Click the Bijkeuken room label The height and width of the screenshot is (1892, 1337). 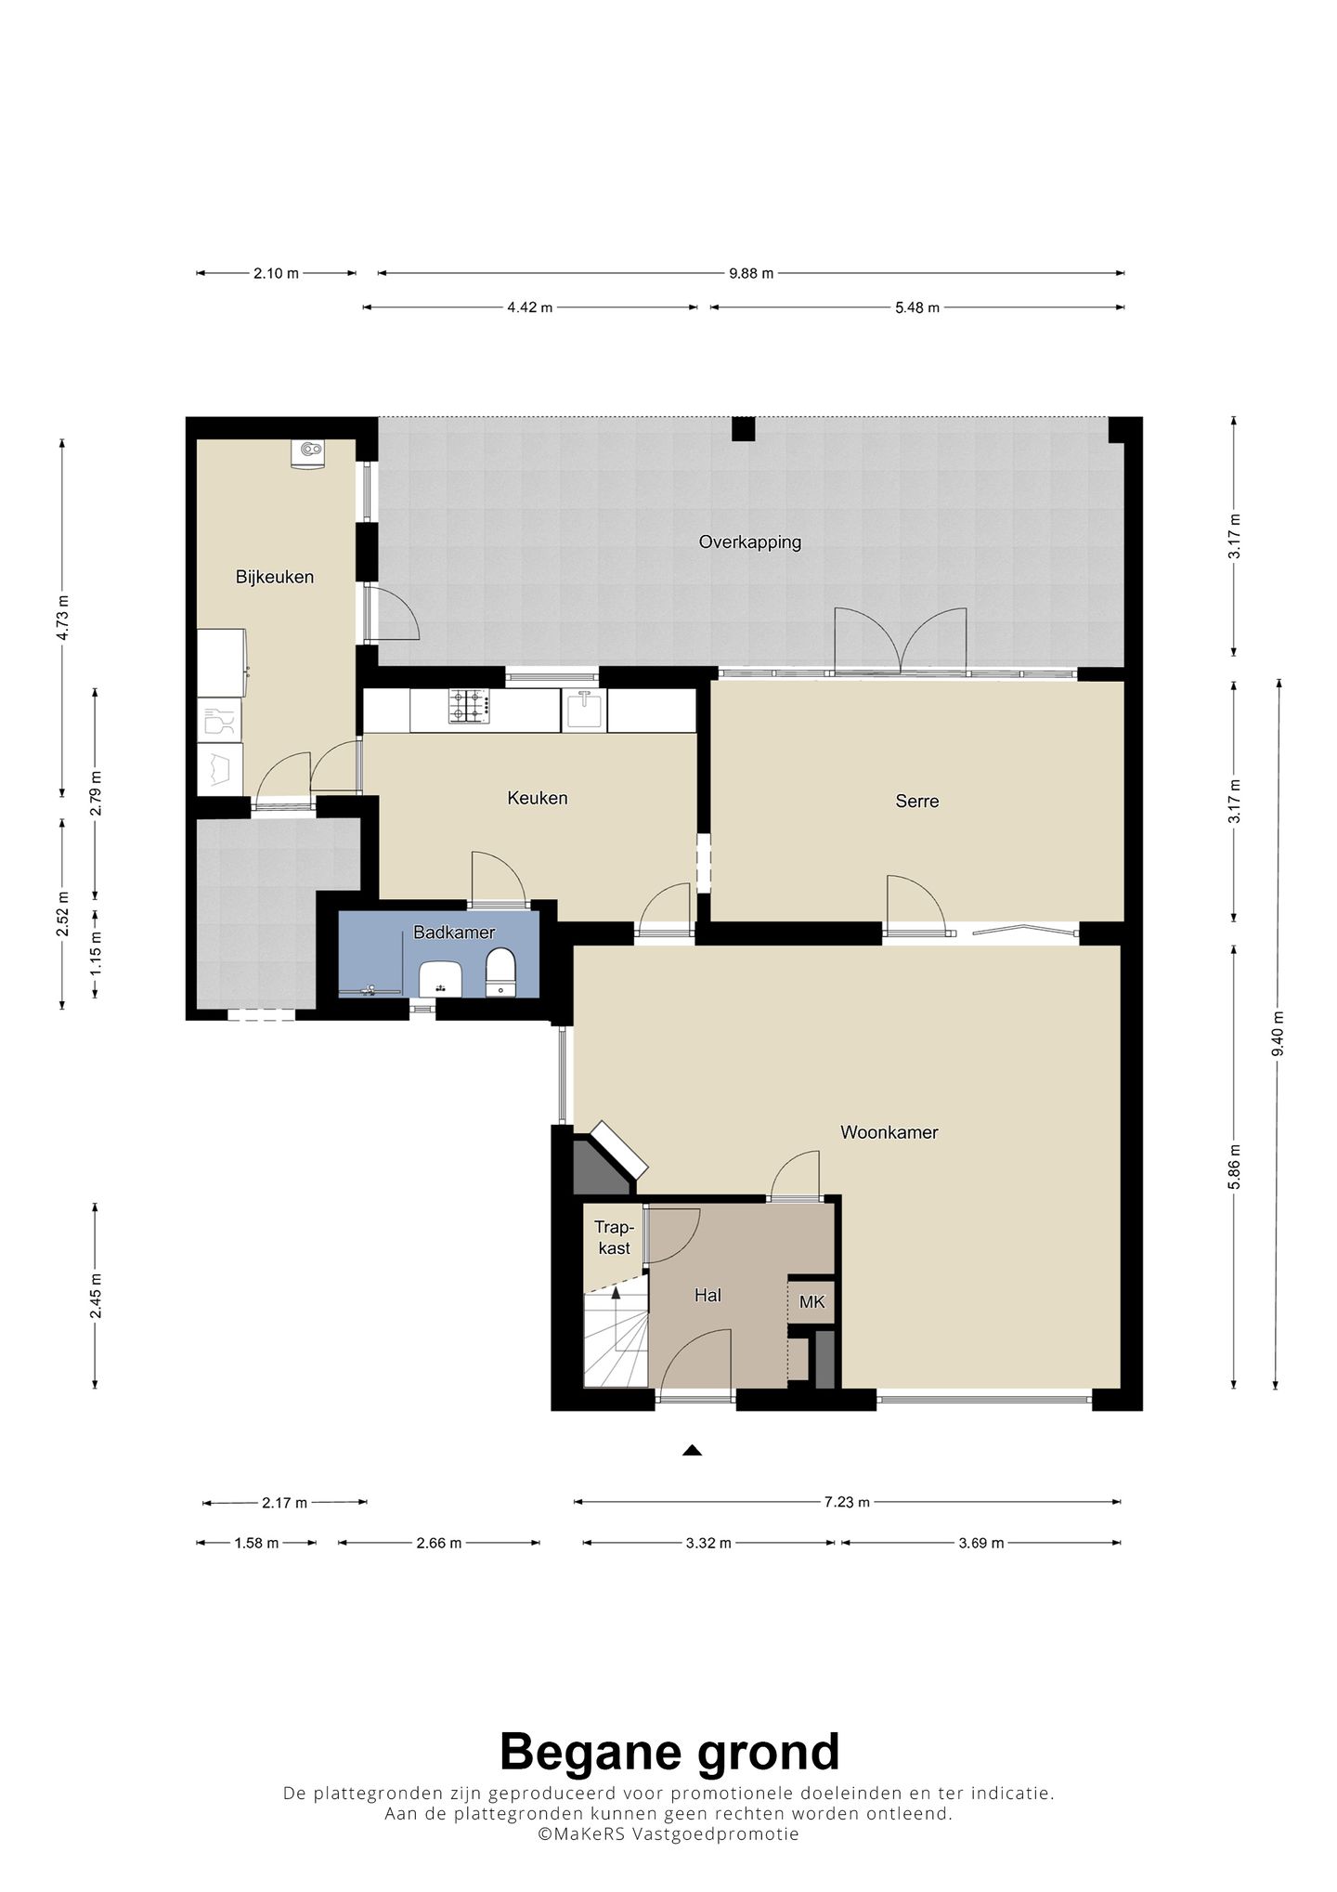pyautogui.click(x=274, y=577)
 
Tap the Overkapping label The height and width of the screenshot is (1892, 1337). pyautogui.click(x=750, y=542)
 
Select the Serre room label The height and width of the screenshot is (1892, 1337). pyautogui.click(x=917, y=801)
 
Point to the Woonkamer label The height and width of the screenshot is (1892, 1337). pyautogui.click(x=889, y=1132)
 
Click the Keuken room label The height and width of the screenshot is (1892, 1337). pyautogui.click(x=538, y=798)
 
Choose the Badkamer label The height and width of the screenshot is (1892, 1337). pyautogui.click(x=454, y=933)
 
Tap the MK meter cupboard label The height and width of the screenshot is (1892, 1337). pyautogui.click(x=812, y=1302)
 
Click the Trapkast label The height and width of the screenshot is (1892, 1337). pyautogui.click(x=614, y=1238)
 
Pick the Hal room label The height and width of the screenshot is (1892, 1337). pyautogui.click(x=707, y=1296)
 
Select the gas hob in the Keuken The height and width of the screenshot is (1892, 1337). pyautogui.click(x=469, y=706)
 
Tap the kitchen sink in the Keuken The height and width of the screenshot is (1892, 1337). pyautogui.click(x=585, y=710)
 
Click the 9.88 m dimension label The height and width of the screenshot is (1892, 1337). pyautogui.click(x=751, y=273)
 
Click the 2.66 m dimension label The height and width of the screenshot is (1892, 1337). pyautogui.click(x=439, y=1544)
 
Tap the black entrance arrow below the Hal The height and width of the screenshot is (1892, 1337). pyautogui.click(x=692, y=1450)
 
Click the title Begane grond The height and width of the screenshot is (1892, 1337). pyautogui.click(x=669, y=1753)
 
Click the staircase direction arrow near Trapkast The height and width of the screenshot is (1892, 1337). pyautogui.click(x=615, y=1319)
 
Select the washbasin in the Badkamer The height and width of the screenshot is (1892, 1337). pyautogui.click(x=441, y=979)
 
